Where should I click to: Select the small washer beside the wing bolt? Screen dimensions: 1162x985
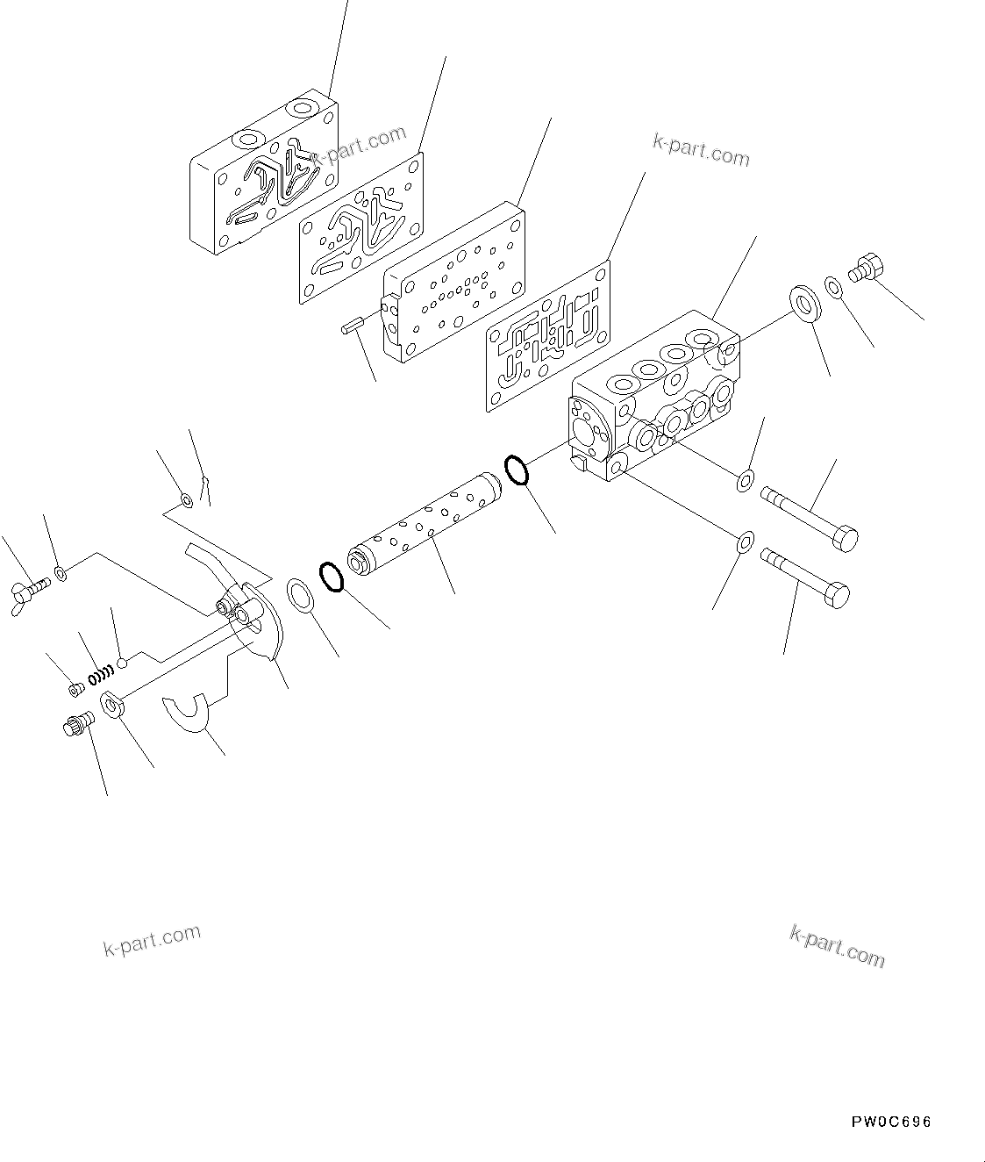(x=59, y=574)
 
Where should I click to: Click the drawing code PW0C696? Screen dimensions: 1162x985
(x=890, y=1123)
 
